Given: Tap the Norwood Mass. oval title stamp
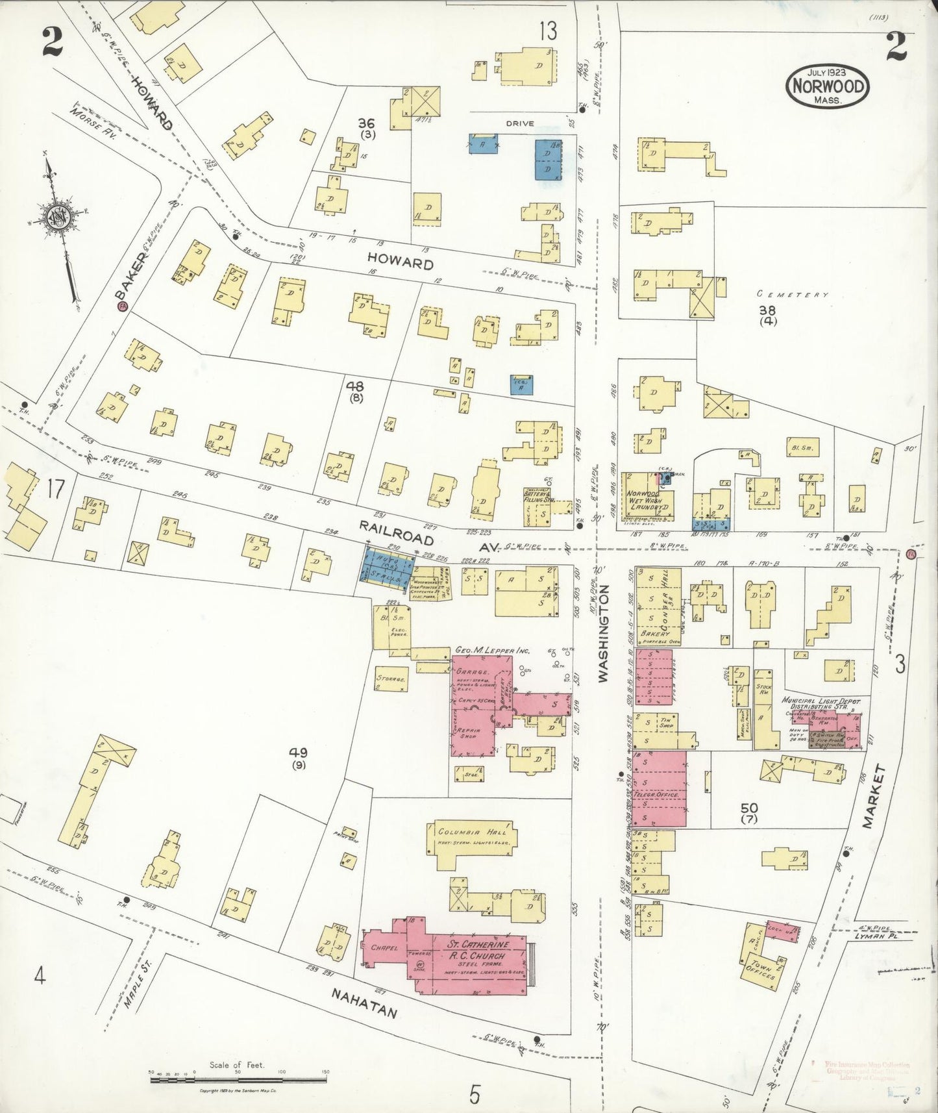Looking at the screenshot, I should (x=827, y=86).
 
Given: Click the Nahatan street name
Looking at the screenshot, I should (x=364, y=1012).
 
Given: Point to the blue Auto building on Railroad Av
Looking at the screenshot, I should (x=387, y=564).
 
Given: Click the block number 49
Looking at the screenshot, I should (x=298, y=753).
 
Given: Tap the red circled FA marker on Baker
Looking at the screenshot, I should (x=121, y=306).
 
